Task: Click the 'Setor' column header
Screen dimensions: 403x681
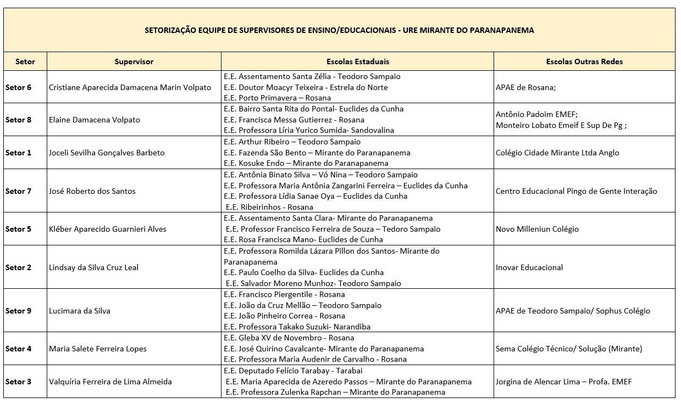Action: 25,61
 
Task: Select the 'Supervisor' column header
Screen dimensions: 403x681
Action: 134,61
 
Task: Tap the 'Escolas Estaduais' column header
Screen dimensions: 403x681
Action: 357,61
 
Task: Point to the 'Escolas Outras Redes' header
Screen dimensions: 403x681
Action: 584,61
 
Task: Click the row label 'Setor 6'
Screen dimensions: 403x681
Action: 18,87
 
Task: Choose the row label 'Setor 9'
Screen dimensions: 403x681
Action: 18,311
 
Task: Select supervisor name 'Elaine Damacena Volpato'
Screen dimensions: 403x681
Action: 95,120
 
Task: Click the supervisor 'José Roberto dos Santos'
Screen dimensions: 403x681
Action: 92,191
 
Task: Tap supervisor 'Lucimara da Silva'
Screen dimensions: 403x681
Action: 80,311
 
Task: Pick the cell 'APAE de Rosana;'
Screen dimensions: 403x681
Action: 522,87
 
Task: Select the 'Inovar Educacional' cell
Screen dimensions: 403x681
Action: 529,267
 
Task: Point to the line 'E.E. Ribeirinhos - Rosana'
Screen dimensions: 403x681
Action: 269,207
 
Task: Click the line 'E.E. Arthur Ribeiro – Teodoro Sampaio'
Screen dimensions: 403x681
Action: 292,142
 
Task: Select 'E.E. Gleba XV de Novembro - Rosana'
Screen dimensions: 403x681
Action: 289,338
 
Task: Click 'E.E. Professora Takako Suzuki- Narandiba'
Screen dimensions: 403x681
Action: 297,327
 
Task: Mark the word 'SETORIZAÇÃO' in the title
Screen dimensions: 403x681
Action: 170,30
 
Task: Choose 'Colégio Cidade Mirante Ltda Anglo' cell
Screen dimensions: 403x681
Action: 557,153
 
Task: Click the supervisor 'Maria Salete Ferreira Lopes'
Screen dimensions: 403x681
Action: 98,349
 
